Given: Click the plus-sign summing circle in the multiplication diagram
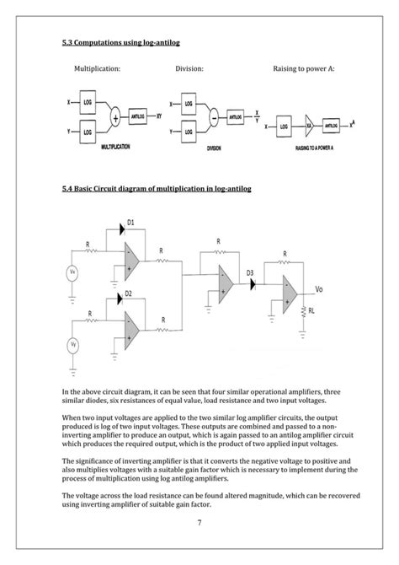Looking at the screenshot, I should pyautogui.click(x=113, y=118).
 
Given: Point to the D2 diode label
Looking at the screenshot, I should pyautogui.click(x=128, y=293).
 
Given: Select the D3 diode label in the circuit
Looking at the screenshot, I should pyautogui.click(x=250, y=272).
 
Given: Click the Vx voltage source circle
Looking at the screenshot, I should pyautogui.click(x=73, y=272).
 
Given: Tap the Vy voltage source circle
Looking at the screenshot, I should pyautogui.click(x=73, y=344).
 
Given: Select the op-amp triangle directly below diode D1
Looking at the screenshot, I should pyautogui.click(x=132, y=258).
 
